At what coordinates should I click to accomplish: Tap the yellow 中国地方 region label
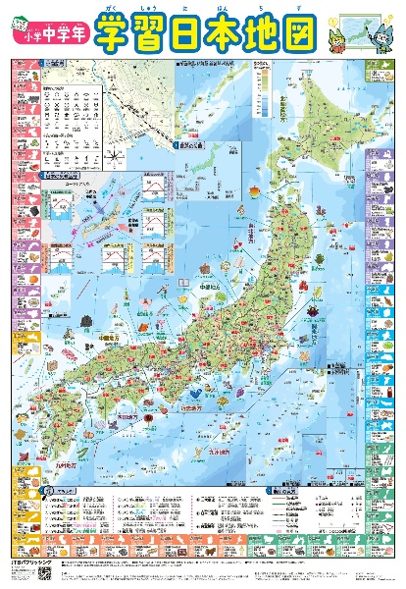coord(88,343)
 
